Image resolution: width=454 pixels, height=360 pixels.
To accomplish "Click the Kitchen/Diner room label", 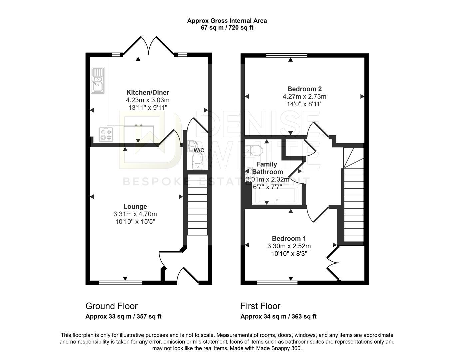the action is pos(148,92).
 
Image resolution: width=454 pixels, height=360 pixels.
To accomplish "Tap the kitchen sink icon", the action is pos(98,80).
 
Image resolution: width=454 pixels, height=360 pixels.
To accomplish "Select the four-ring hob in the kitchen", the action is pos(106,134).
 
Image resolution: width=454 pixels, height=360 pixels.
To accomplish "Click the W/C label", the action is pos(199,150).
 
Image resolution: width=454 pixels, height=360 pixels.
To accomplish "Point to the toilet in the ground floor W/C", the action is pos(198,161).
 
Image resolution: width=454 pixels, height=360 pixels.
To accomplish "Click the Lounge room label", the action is pos(135,206).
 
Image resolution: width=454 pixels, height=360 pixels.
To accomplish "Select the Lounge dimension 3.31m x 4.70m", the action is pos(135,214).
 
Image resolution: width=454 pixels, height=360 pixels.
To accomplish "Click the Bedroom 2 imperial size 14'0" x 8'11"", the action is pos(305,104).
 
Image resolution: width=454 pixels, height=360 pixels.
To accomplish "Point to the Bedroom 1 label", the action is pos(289,238).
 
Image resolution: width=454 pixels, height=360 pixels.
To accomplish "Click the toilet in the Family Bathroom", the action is pos(254,151).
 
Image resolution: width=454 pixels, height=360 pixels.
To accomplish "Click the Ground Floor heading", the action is pos(111,306).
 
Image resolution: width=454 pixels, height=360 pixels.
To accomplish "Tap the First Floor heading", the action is pos(260,306).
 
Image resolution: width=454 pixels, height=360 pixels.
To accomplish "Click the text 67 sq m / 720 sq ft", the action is pos(227,28).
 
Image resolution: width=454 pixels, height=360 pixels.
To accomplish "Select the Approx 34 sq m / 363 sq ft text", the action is pos(279,317).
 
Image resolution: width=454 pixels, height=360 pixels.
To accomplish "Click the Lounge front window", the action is pos(121,283).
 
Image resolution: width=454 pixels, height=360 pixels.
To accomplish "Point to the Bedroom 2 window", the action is pos(287,55).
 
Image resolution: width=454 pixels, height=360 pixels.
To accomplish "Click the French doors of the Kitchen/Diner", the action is pos(149,46).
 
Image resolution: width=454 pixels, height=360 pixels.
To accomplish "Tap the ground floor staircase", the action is pos(197,205).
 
